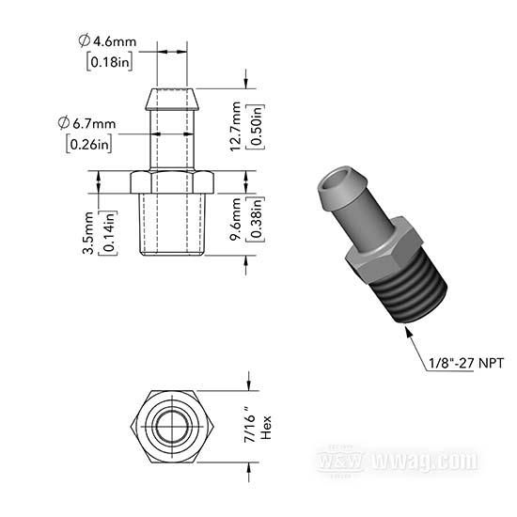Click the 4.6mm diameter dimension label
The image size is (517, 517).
coord(107,41)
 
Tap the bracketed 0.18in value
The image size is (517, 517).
coord(110,62)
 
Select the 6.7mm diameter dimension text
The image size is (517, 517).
coord(87,123)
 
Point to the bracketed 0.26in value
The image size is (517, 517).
coord(89,144)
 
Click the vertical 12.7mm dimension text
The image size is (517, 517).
coord(236,126)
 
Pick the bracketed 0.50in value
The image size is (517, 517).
coord(257,127)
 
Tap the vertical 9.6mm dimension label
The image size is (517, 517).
coord(236,219)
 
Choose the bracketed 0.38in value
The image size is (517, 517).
coord(257,219)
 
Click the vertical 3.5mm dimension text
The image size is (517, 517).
coord(88,233)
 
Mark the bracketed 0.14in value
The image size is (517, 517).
coord(109,233)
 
